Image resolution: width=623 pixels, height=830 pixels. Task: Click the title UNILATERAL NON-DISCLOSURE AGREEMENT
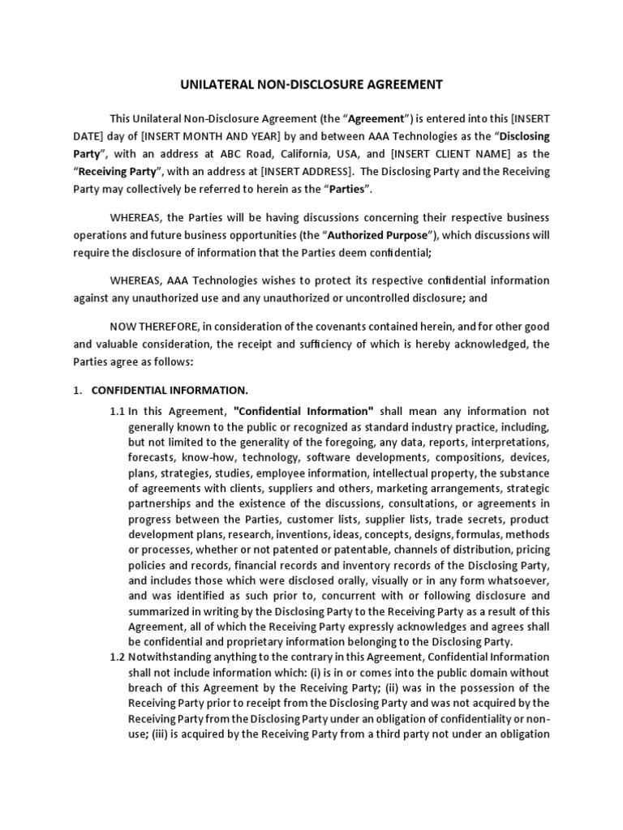point(311,83)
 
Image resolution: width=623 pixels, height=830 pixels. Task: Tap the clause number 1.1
point(118,411)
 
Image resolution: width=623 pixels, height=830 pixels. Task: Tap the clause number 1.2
point(118,657)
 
